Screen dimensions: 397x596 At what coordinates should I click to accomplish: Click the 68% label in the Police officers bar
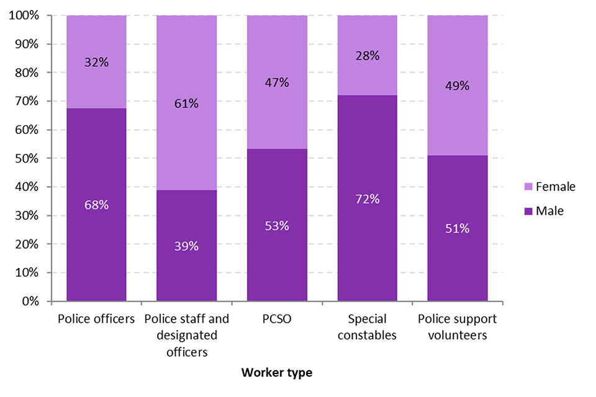pyautogui.click(x=96, y=204)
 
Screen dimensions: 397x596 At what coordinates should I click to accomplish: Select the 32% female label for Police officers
pyautogui.click(x=96, y=62)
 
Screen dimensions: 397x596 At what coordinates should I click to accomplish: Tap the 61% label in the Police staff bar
pyautogui.click(x=186, y=103)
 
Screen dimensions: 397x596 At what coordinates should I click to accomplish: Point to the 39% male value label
pyautogui.click(x=186, y=246)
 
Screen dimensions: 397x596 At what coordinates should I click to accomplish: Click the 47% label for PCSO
pyautogui.click(x=277, y=83)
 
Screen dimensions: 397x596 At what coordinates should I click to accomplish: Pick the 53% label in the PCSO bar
pyautogui.click(x=277, y=226)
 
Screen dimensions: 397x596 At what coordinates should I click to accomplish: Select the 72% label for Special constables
pyautogui.click(x=367, y=198)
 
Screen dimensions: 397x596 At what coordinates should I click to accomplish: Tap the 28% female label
pyautogui.click(x=367, y=56)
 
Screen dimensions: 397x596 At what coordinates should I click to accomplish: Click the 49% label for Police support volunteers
pyautogui.click(x=458, y=86)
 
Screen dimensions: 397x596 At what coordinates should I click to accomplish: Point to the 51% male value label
pyautogui.click(x=458, y=228)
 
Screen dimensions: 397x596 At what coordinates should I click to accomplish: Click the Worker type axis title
pyautogui.click(x=277, y=372)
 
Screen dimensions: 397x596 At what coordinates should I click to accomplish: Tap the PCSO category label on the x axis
pyautogui.click(x=277, y=319)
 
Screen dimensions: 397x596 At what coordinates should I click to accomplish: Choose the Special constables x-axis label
pyautogui.click(x=367, y=327)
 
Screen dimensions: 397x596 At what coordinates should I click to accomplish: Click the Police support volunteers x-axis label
pyautogui.click(x=458, y=327)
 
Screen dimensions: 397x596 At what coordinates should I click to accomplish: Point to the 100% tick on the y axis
pyautogui.click(x=24, y=16)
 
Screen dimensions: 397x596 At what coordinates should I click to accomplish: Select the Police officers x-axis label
pyautogui.click(x=96, y=319)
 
